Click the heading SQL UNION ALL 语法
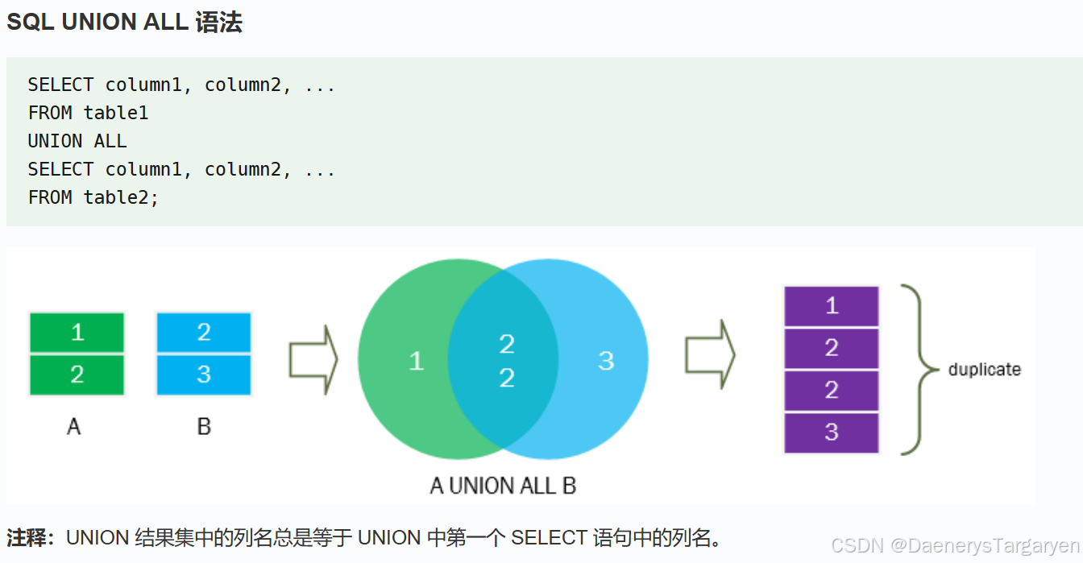pyautogui.click(x=124, y=23)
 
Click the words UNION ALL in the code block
pyautogui.click(x=77, y=141)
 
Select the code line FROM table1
pyautogui.click(x=88, y=113)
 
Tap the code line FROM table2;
pyautogui.click(x=93, y=197)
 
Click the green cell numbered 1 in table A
pyautogui.click(x=77, y=332)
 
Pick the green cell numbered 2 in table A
pyautogui.click(x=77, y=375)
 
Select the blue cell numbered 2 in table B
pyautogui.click(x=204, y=332)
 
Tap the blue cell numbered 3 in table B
pyautogui.click(x=204, y=375)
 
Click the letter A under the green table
pyautogui.click(x=74, y=426)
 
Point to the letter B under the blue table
pyautogui.click(x=204, y=426)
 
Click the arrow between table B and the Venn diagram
pyautogui.click(x=313, y=360)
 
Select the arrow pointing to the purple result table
pyautogui.click(x=709, y=354)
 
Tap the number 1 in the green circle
pyautogui.click(x=416, y=360)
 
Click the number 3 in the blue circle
pyautogui.click(x=606, y=360)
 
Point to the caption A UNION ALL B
pyautogui.click(x=503, y=486)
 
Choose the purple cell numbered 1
pyautogui.click(x=832, y=306)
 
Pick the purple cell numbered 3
pyautogui.click(x=832, y=433)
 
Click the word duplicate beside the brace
pyautogui.click(x=984, y=370)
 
